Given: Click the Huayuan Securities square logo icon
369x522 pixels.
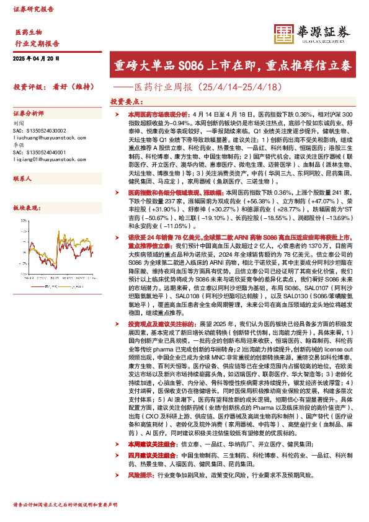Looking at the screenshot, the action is [x=285, y=35].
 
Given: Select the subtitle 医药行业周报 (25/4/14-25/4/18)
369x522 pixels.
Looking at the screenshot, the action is [x=197, y=87].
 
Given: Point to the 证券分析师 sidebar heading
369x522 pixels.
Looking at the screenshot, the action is [x=29, y=114].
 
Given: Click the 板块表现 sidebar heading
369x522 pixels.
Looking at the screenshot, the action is [x=24, y=209].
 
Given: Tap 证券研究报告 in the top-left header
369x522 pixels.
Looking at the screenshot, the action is [x=33, y=9].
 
